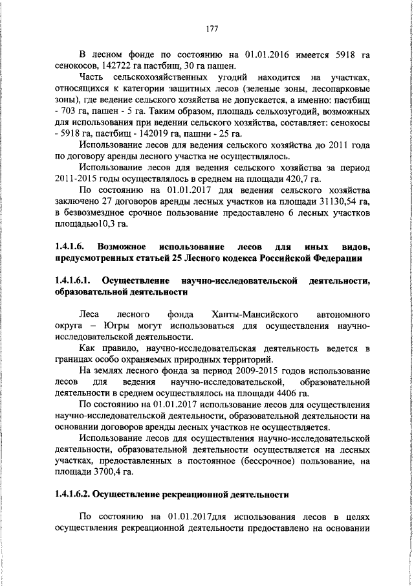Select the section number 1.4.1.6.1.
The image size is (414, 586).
coord(76,282)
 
